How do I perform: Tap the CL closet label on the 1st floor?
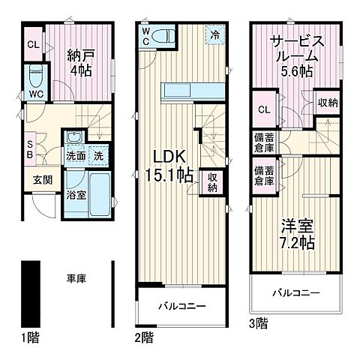tap(34, 43)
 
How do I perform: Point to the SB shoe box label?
tap(30, 148)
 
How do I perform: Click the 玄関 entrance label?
tap(41, 181)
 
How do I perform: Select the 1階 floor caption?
tap(30, 339)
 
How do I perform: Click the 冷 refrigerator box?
tap(215, 34)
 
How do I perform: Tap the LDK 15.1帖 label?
tap(171, 164)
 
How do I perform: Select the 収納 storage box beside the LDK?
tap(212, 181)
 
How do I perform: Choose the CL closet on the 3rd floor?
tap(263, 112)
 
